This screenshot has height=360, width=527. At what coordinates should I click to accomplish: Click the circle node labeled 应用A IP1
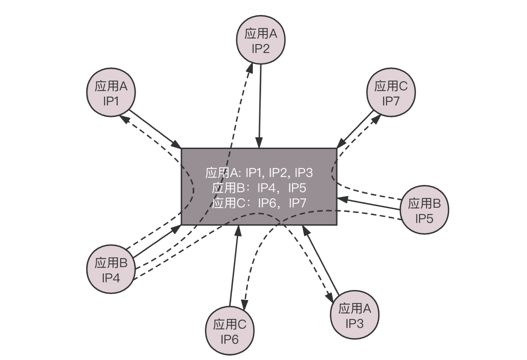coord(111,92)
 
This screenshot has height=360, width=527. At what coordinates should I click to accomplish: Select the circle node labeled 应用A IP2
coord(261,40)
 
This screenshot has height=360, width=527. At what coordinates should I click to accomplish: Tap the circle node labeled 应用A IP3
coord(354,315)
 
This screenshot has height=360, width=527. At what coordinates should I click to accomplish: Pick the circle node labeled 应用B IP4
coord(111,269)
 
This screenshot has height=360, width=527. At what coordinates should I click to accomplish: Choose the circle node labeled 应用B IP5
coord(424,210)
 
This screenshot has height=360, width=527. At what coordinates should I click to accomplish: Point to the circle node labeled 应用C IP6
coord(230,331)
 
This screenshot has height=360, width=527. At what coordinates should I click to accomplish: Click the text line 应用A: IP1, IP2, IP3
coord(259,173)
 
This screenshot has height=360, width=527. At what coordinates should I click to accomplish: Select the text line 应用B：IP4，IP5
coord(259,188)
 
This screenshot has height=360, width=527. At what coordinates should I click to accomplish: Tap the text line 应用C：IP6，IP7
coord(259,203)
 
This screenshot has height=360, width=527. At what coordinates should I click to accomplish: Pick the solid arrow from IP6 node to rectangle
coord(234,265)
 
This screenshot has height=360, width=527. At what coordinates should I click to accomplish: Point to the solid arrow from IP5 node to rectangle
coord(368,204)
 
